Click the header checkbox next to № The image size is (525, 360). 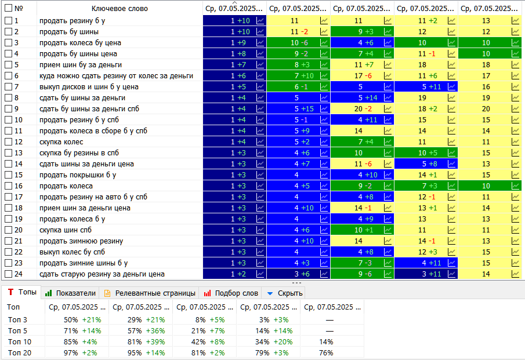coord(8,9)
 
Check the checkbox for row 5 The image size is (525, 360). coord(8,65)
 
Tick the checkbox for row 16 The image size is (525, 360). coord(8,186)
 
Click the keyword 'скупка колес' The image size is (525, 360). coord(61,142)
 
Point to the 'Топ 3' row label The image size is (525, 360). coord(17,319)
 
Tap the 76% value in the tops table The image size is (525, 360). coord(326,352)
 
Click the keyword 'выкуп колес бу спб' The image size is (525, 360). coord(72,252)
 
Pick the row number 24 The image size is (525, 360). coord(18,274)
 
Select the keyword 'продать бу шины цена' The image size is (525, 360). coord(78,54)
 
